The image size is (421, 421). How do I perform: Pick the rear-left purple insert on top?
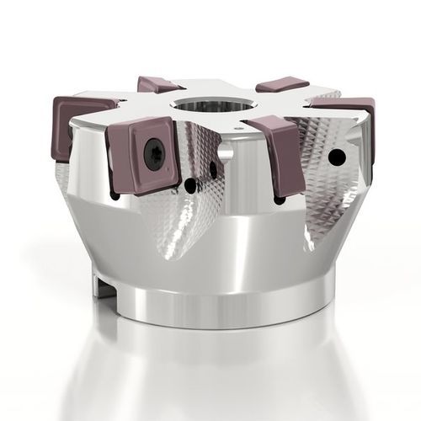157,84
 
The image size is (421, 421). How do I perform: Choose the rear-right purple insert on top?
283,85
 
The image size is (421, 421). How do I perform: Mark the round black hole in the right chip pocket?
337,157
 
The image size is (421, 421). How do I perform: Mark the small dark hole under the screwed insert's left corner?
115,195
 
